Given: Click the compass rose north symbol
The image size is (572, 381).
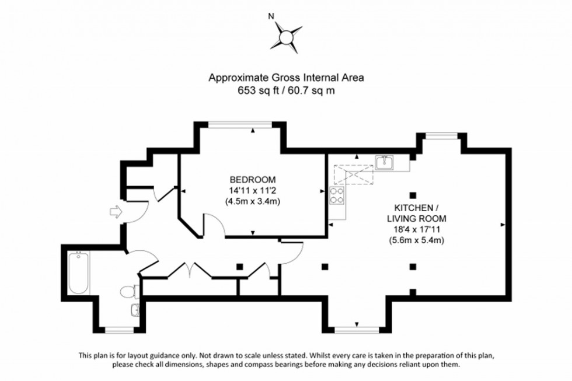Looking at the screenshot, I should tap(286, 36).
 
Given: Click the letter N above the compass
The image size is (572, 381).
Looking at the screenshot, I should tap(270, 16).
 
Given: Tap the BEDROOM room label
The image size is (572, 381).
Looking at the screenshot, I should tap(252, 179).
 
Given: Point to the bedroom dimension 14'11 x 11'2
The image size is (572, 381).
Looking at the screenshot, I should tap(252, 190).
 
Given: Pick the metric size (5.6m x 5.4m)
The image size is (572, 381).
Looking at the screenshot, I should tap(416, 240).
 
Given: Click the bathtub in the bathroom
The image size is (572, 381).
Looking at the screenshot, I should tap(78, 274).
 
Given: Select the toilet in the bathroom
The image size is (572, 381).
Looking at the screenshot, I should tap(128, 291).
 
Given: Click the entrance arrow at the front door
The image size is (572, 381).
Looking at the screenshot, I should tap(116, 212).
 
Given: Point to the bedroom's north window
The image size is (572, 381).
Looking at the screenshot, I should tap(240, 123).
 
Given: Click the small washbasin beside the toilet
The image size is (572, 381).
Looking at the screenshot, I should tap(135, 310).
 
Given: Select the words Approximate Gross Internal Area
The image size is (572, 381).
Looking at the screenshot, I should tap(286, 77).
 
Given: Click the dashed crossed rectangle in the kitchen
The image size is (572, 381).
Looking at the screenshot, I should tap(352, 174).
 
